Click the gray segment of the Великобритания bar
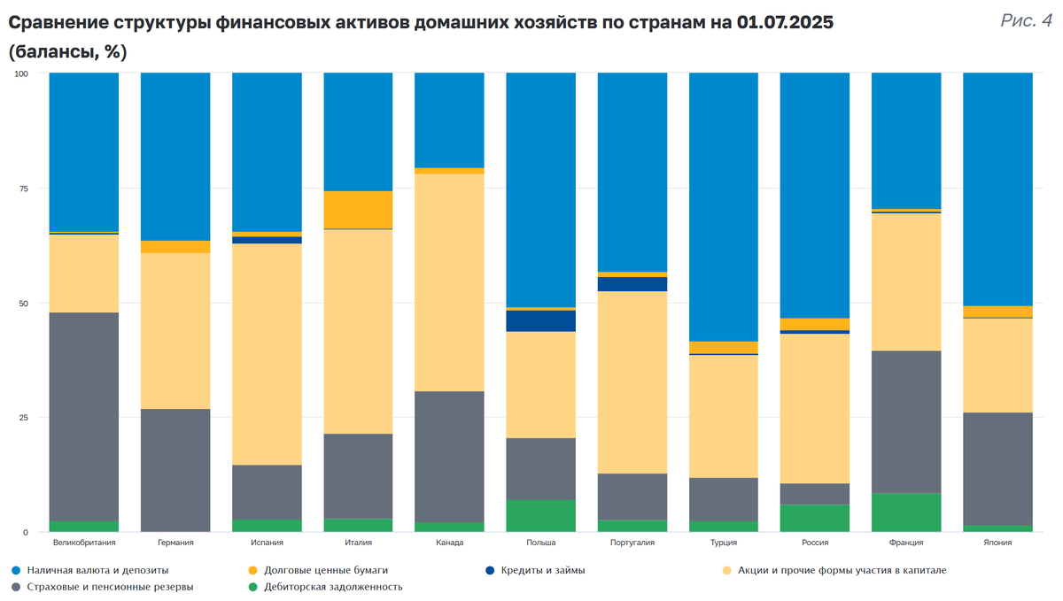(x=84, y=416)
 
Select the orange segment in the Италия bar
(x=358, y=210)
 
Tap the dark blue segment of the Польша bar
(x=540, y=320)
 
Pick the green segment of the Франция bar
(x=906, y=512)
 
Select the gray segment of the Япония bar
(x=997, y=468)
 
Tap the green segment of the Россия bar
(x=815, y=518)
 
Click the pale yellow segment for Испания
(x=267, y=354)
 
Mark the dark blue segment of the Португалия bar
(x=632, y=284)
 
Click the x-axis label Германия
(x=175, y=543)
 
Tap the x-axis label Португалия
(x=632, y=543)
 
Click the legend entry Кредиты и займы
(x=542, y=570)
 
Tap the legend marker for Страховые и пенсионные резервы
(x=16, y=586)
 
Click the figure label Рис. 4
(x=1026, y=20)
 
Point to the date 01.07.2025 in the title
(x=785, y=24)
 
